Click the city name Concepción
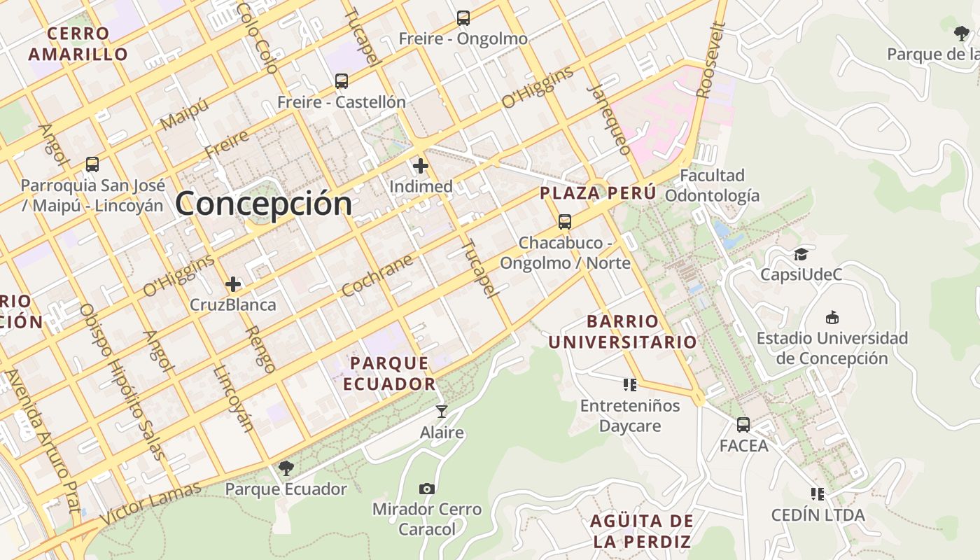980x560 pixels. click(x=264, y=204)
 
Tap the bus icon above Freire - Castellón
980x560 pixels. click(x=342, y=81)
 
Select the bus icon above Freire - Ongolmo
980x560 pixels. click(x=463, y=18)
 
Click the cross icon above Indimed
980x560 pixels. click(x=421, y=166)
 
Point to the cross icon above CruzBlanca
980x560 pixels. click(x=233, y=284)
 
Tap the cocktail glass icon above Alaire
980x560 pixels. click(x=441, y=411)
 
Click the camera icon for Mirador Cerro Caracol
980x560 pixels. click(x=427, y=488)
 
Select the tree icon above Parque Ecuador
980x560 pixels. click(x=286, y=468)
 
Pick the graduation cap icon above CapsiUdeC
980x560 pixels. click(x=801, y=253)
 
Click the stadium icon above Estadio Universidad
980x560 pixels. click(x=832, y=317)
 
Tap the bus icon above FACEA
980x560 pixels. click(x=743, y=424)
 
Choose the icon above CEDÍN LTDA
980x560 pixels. click(x=817, y=494)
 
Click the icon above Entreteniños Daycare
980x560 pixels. click(x=630, y=384)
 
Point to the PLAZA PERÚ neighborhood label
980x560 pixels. click(x=598, y=193)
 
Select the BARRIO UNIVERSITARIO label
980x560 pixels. click(x=622, y=332)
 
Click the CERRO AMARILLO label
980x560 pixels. click(x=78, y=43)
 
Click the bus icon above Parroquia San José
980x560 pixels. click(x=92, y=164)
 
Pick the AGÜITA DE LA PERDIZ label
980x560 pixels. click(x=642, y=531)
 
